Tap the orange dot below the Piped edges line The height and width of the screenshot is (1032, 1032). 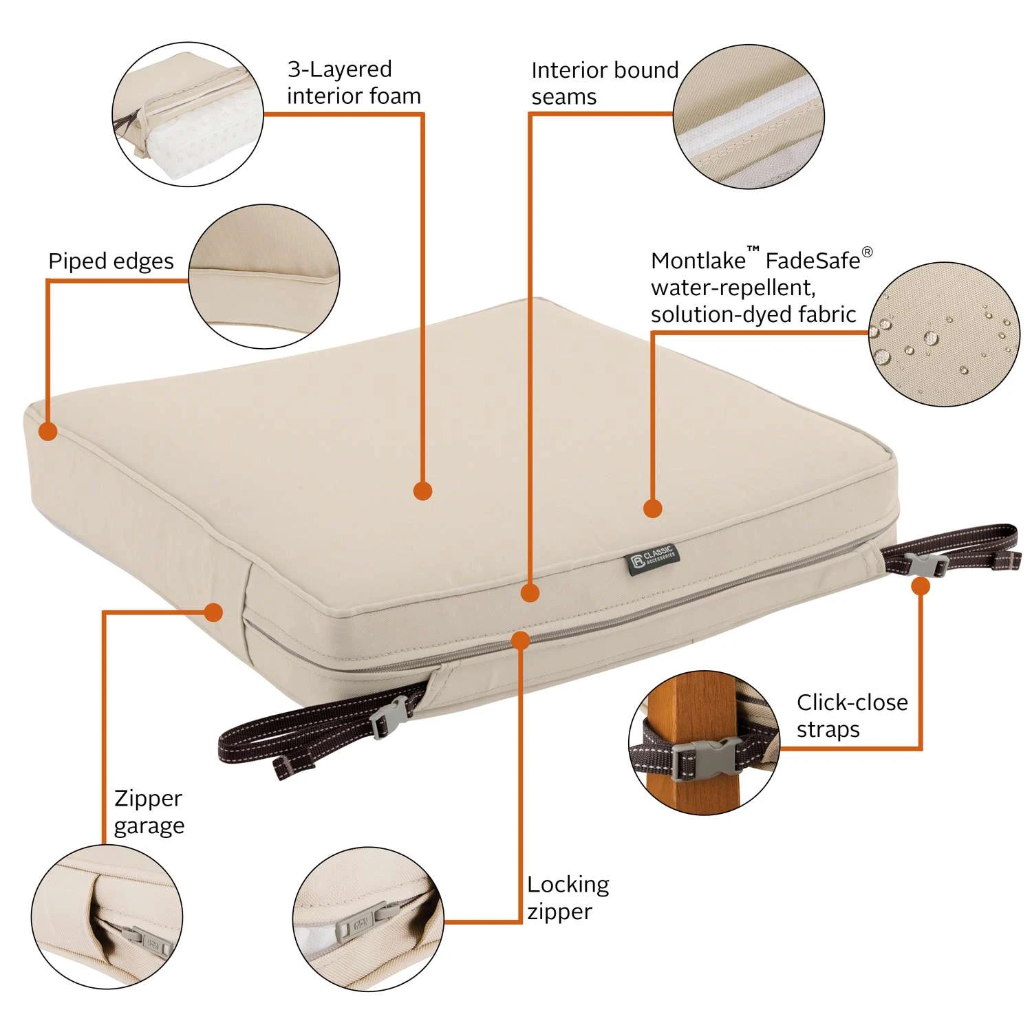coord(47,431)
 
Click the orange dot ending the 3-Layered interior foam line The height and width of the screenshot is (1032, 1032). coord(422,491)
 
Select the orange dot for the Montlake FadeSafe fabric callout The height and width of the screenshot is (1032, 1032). coord(652,508)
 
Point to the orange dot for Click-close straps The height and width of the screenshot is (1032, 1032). coord(921,586)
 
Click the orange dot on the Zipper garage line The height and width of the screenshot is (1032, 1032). coord(213,612)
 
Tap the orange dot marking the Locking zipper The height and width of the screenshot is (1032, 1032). coord(521,641)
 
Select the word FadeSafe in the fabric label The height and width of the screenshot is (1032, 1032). coord(813,261)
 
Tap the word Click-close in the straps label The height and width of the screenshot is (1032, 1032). coord(852,702)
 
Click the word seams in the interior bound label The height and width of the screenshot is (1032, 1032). coord(564,98)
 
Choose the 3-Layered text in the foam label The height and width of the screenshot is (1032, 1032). coord(340,70)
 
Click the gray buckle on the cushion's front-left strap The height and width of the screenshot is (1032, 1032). coord(390,718)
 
